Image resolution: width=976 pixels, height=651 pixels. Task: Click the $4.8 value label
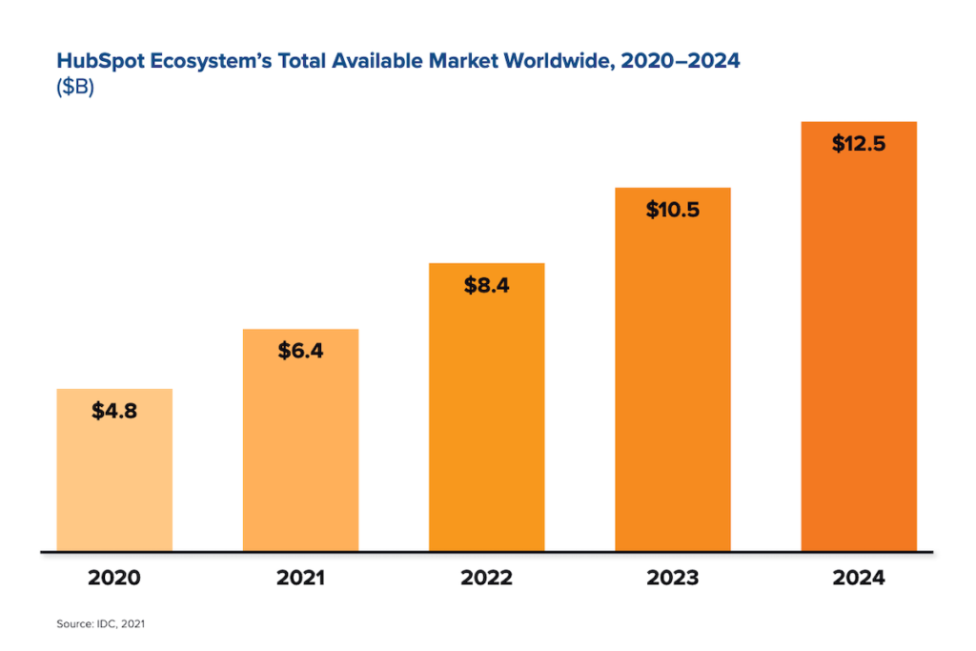pyautogui.click(x=114, y=412)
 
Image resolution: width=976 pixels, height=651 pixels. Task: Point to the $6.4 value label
pyautogui.click(x=300, y=351)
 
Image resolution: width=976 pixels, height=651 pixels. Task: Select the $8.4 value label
pyautogui.click(x=486, y=285)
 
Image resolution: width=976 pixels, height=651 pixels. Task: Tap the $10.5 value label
pyautogui.click(x=673, y=210)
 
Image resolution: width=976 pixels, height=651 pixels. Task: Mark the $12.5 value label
pyautogui.click(x=859, y=144)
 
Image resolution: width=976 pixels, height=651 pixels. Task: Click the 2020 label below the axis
pyautogui.click(x=114, y=578)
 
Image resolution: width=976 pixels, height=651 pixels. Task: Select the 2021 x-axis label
pyautogui.click(x=300, y=578)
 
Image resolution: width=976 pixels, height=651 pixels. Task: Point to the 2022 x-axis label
pyautogui.click(x=486, y=578)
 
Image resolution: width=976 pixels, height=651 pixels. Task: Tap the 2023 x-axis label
pyautogui.click(x=673, y=578)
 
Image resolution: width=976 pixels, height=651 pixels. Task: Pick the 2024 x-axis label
pyautogui.click(x=859, y=578)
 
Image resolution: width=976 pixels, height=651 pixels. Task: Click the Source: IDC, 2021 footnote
pyautogui.click(x=100, y=623)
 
